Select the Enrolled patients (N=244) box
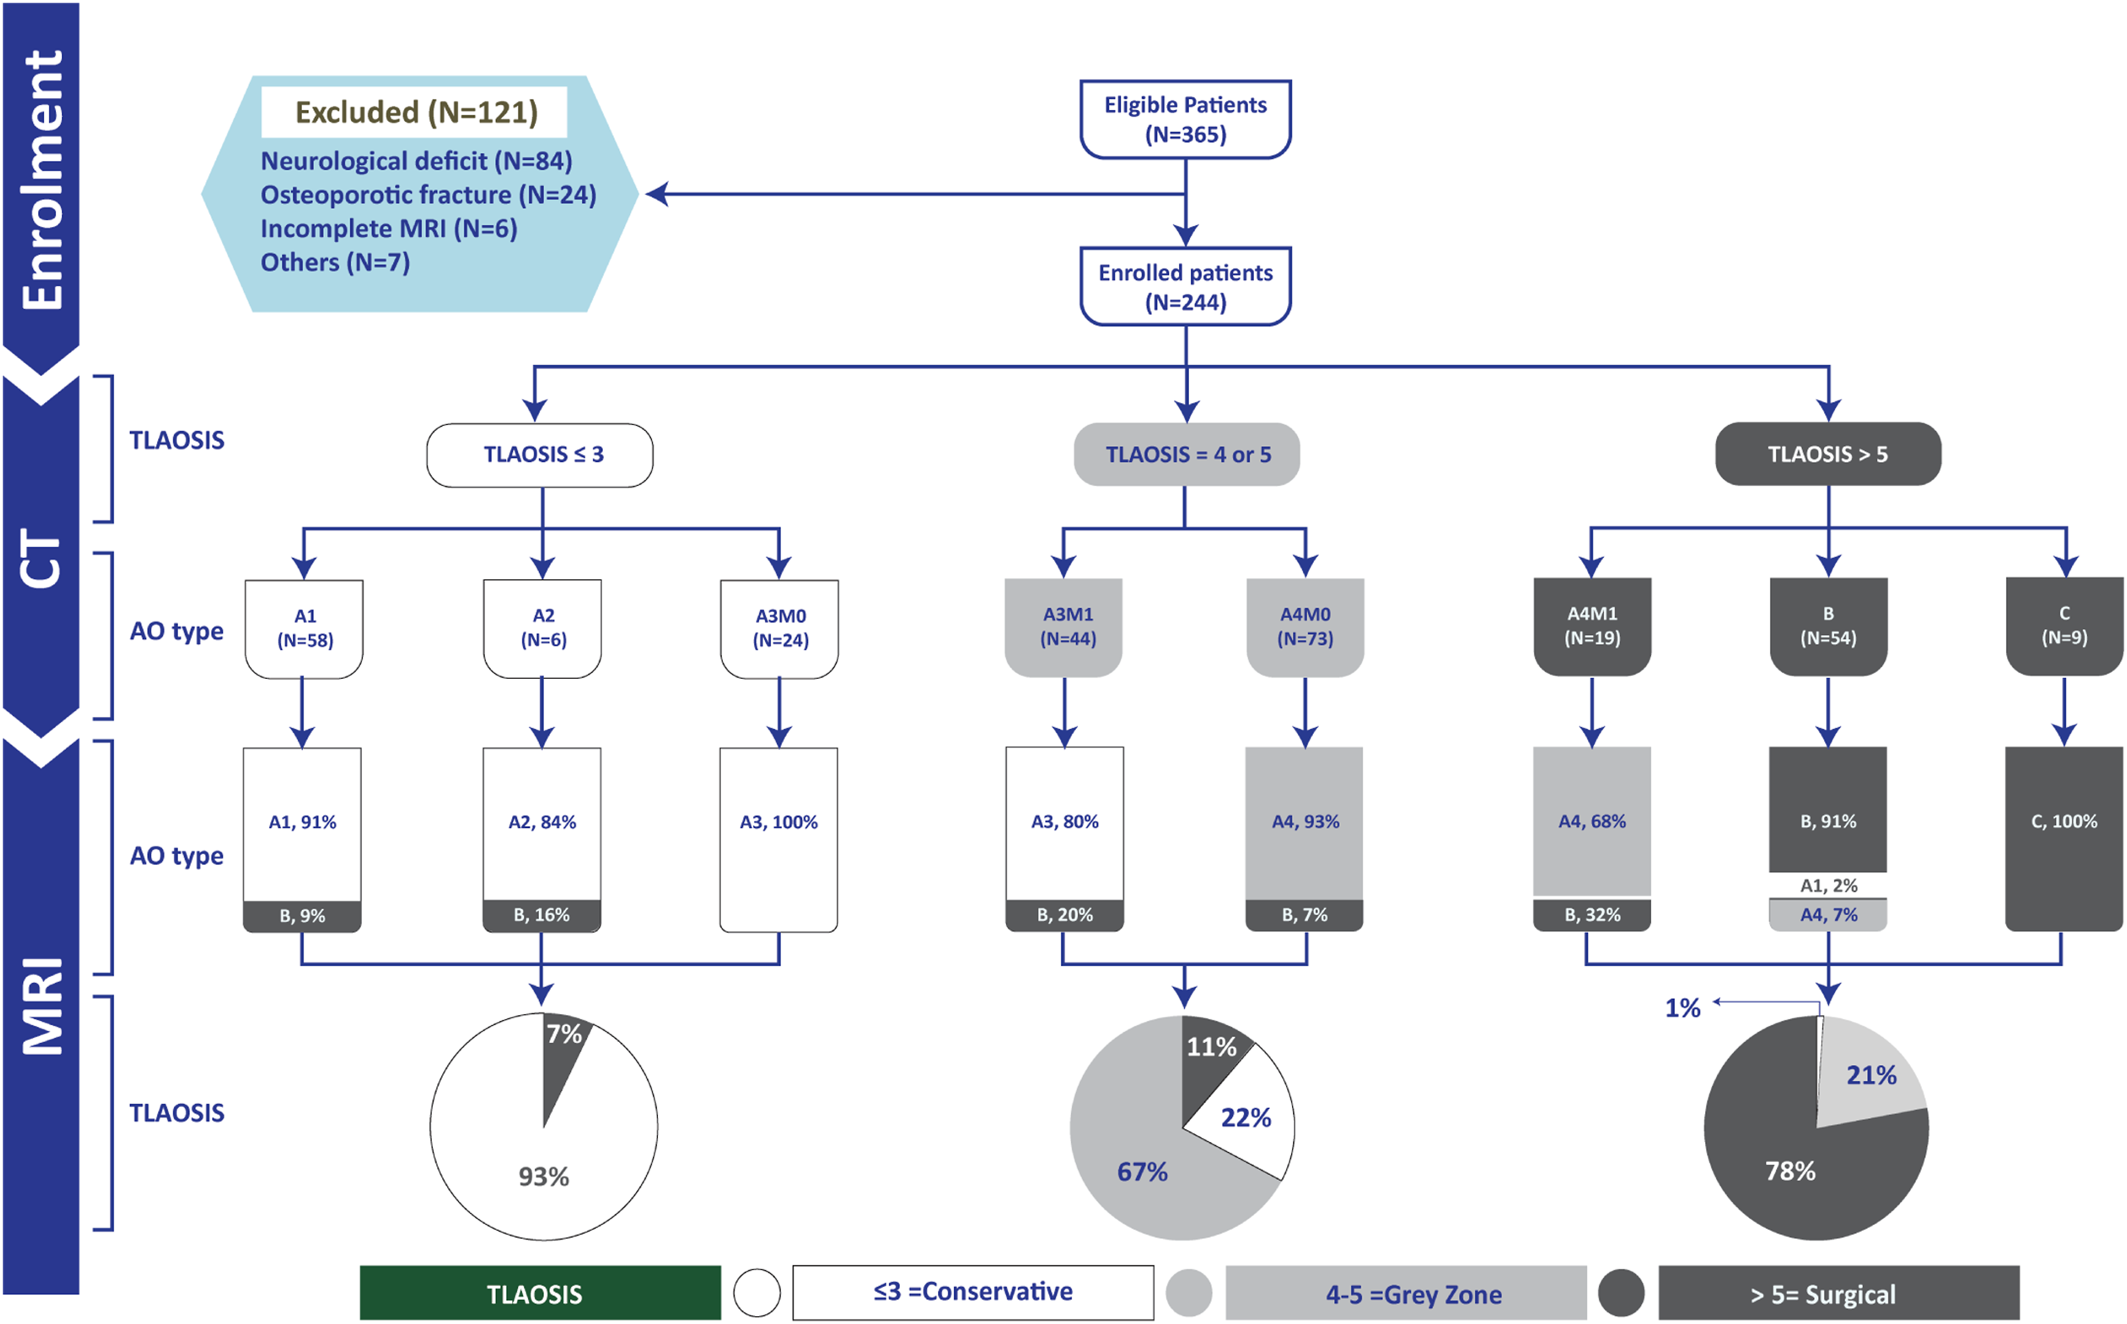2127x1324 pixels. point(1185,286)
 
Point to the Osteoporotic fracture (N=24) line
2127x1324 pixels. point(428,195)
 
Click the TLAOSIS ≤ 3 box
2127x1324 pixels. point(540,455)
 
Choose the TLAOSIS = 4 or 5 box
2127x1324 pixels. point(1187,455)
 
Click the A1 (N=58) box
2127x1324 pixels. point(304,629)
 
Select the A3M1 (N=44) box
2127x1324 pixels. point(1063,627)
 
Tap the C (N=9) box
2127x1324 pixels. point(2064,626)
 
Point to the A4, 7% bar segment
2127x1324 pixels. point(1828,915)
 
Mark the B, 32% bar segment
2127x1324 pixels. point(1591,915)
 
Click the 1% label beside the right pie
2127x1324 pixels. point(1682,1008)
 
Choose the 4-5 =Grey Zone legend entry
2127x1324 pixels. point(1406,1293)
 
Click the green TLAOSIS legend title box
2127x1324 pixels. point(540,1293)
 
